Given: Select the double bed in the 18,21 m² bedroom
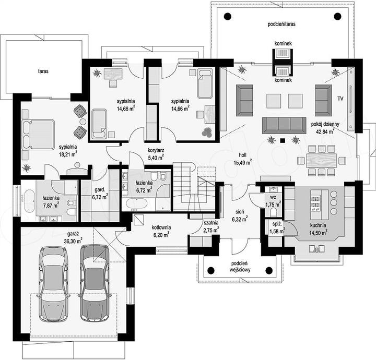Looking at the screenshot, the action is [38, 135].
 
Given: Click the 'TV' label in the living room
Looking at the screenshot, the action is [340, 99].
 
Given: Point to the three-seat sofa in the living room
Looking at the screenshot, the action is [284, 125].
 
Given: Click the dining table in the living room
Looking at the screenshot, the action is [321, 160].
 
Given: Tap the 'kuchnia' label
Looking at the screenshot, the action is [318, 225].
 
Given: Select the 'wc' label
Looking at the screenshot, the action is [273, 197].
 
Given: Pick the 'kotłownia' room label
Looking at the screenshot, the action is [161, 227].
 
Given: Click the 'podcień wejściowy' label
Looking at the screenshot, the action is [240, 267].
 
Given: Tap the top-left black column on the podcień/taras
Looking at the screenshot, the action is [227, 16].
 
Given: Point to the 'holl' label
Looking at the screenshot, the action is [242, 155].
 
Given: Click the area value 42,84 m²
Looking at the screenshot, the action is [326, 131].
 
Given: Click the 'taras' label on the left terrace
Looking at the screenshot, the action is [43, 71].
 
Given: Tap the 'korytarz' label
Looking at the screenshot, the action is [156, 150].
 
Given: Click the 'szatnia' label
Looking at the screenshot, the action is [211, 223].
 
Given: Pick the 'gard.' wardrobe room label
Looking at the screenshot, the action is [100, 190].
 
